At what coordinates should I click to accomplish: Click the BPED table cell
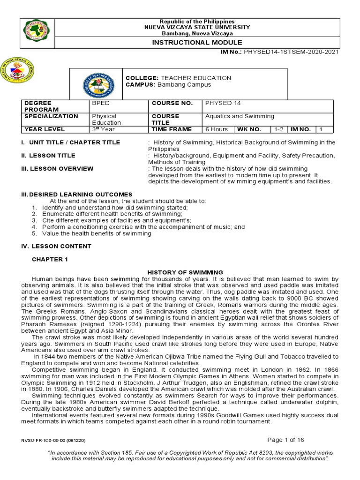coord(99,103)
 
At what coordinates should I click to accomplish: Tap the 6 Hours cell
coord(217,129)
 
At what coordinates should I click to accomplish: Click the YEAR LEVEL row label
coord(45,129)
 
